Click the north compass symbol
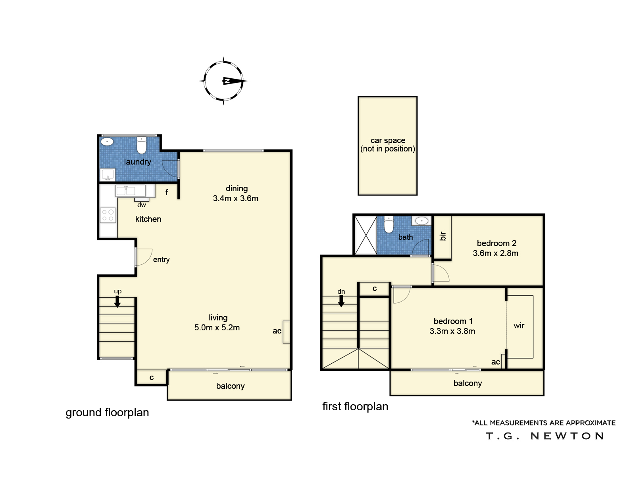pyautogui.click(x=223, y=81)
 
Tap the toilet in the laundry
pyautogui.click(x=141, y=145)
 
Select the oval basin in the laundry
pyautogui.click(x=107, y=142)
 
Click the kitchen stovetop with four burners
pyautogui.click(x=108, y=215)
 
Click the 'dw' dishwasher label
pyautogui.click(x=141, y=205)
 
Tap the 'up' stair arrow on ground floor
pyautogui.click(x=117, y=301)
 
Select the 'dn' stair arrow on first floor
pyautogui.click(x=341, y=301)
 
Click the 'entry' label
pyautogui.click(x=161, y=260)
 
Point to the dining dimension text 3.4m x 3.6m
pyautogui.click(x=235, y=198)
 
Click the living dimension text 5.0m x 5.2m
pyautogui.click(x=217, y=328)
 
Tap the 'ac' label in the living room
pyautogui.click(x=277, y=331)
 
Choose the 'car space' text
pyautogui.click(x=388, y=140)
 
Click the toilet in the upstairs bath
pyautogui.click(x=389, y=225)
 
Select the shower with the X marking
pyautogui.click(x=366, y=235)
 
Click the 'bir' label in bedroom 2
pyautogui.click(x=443, y=236)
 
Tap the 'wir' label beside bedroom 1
pyautogui.click(x=519, y=326)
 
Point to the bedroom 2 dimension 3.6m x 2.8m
pyautogui.click(x=496, y=253)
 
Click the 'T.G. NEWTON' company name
pyautogui.click(x=545, y=436)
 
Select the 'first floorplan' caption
pyautogui.click(x=355, y=406)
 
